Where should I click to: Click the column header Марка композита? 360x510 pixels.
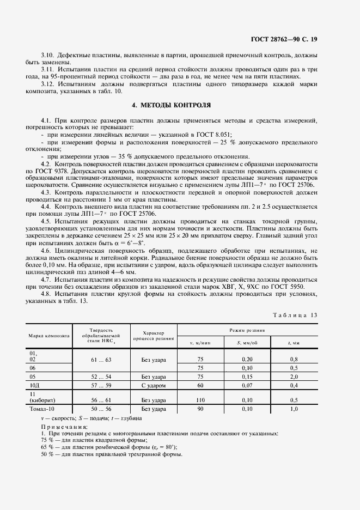[x=50, y=336]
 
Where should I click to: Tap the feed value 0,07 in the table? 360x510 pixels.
[x=247, y=385]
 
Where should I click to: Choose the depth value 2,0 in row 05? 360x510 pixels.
[x=294, y=376]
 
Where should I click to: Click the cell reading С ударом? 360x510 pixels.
[x=154, y=385]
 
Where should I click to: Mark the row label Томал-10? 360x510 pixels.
[x=41, y=408]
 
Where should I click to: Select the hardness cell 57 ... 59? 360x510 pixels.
[x=101, y=385]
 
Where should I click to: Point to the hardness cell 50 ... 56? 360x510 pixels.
[x=101, y=408]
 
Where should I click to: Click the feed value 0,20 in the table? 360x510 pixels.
[x=247, y=359]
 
